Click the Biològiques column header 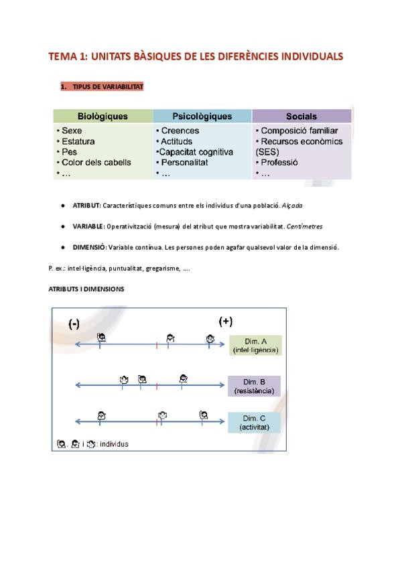pyautogui.click(x=103, y=117)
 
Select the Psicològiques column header pyautogui.click(x=202, y=117)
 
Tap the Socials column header pyautogui.click(x=301, y=117)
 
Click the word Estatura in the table pyautogui.click(x=78, y=142)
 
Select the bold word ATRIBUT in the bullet pyautogui.click(x=86, y=206)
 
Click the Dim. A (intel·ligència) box pyautogui.click(x=255, y=345)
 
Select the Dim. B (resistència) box pyautogui.click(x=254, y=386)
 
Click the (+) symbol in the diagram pyautogui.click(x=226, y=321)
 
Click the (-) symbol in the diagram pyautogui.click(x=74, y=324)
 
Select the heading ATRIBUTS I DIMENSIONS pyautogui.click(x=86, y=289)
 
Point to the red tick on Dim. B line pyautogui.click(x=156, y=386)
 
